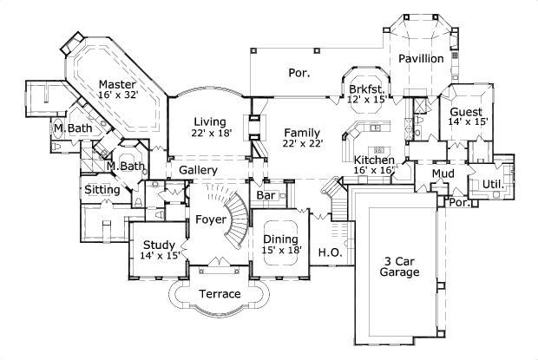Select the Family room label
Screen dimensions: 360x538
[x=301, y=132]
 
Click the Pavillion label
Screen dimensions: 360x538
[x=421, y=58]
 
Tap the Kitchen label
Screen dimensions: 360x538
[x=374, y=160]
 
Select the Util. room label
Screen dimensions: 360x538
[x=494, y=184]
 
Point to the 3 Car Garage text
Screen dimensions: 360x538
[x=399, y=265]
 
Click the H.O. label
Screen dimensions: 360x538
[x=328, y=253]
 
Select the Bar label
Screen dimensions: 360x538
[x=266, y=196]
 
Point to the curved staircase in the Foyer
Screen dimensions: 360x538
[x=234, y=217]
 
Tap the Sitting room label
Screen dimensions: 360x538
[x=102, y=190]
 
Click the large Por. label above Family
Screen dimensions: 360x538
[x=299, y=73]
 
